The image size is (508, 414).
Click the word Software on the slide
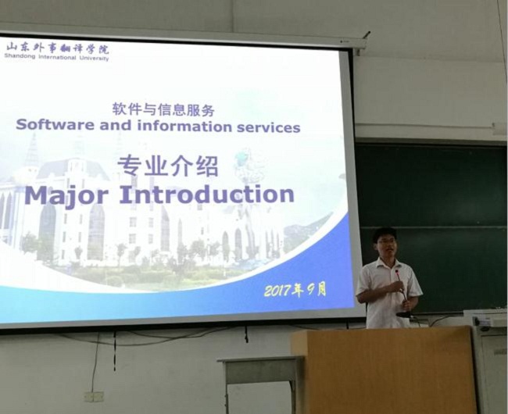(x=55, y=125)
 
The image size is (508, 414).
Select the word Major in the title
(x=66, y=195)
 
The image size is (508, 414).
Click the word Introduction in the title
(x=207, y=195)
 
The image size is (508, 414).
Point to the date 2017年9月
(x=295, y=289)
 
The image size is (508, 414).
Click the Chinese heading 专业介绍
(x=168, y=166)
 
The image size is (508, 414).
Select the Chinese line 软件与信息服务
(x=163, y=109)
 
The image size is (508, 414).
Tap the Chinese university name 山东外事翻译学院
(x=57, y=49)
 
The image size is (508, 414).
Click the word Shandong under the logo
(x=20, y=56)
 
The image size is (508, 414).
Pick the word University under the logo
(x=95, y=59)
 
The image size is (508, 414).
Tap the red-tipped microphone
(x=401, y=288)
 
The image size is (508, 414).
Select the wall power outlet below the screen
(x=94, y=397)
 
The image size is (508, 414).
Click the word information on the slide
(x=184, y=126)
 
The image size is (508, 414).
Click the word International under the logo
(x=57, y=57)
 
